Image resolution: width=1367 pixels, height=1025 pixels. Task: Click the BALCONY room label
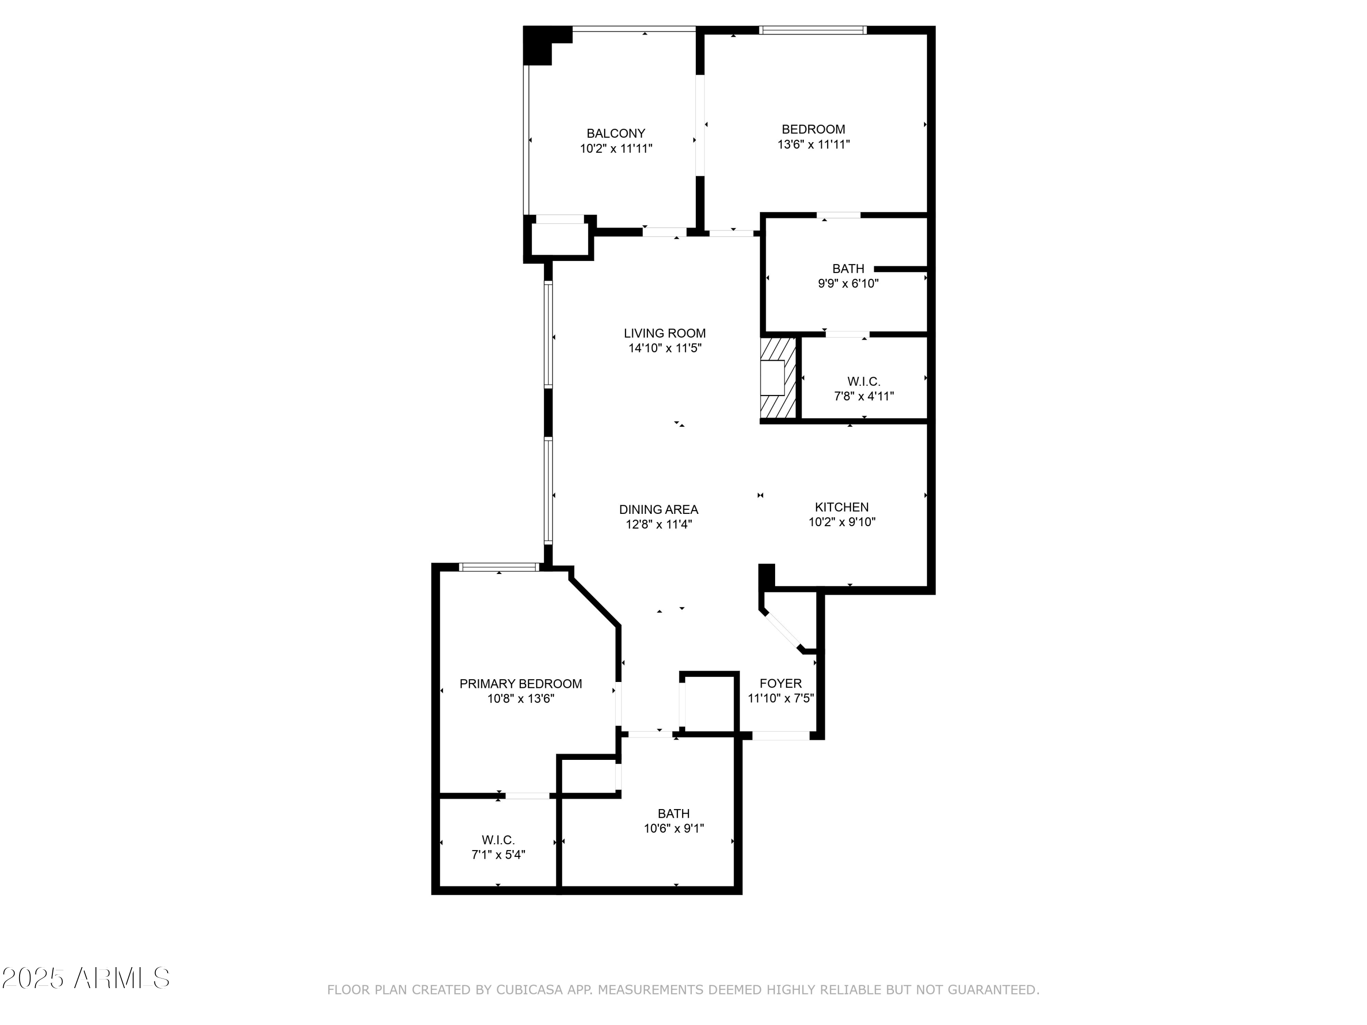616,133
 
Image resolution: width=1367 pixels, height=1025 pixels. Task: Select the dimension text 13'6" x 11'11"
813,144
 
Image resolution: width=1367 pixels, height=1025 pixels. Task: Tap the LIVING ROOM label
664,333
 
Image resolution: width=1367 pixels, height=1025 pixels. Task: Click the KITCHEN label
842,507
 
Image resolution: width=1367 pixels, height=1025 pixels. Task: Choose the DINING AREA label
658,510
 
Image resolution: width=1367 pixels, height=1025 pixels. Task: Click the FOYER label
781,683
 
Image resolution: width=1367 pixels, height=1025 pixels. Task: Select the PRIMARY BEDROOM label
520,684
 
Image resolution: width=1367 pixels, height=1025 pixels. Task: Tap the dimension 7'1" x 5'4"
498,855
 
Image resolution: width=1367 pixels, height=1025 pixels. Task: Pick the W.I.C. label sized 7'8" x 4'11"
863,382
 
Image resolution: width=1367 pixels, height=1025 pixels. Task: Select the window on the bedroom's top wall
812,30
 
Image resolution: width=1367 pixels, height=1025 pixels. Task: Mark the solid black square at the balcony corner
538,45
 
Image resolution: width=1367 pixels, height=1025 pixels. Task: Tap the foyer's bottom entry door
781,736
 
